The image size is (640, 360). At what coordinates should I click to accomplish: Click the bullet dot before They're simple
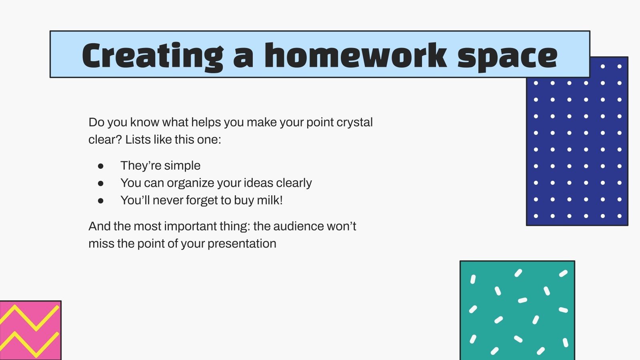(101, 166)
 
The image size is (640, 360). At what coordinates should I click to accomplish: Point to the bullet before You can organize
(101, 183)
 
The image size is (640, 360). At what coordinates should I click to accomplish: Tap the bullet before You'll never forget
(101, 200)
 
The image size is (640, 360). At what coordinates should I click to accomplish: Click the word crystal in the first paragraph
(354, 122)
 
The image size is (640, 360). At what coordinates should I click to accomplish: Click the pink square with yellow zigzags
(30, 330)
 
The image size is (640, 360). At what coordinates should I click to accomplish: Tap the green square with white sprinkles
(517, 310)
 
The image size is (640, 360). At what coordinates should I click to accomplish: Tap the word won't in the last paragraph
(341, 226)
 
